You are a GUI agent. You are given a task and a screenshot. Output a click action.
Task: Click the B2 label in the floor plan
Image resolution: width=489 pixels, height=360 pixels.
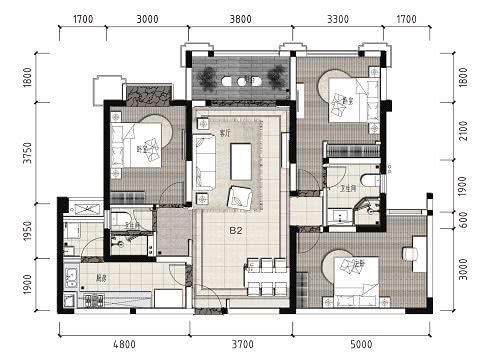point(237,231)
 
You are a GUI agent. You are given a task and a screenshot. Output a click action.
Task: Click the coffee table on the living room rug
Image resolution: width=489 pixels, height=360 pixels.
point(240,160)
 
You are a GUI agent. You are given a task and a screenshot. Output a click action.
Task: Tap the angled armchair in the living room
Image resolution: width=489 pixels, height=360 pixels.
point(241,196)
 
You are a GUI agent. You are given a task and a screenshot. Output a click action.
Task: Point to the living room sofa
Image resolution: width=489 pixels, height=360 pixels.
point(205,161)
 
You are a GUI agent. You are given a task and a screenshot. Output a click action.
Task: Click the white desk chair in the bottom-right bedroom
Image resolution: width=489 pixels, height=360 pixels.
point(411,255)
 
